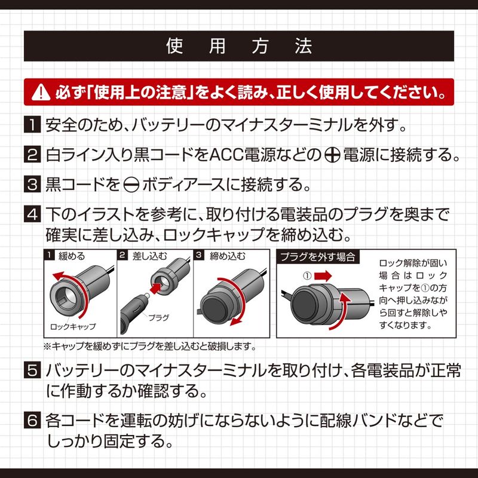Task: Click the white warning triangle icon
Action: (41, 92)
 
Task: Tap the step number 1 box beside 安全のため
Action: (32, 124)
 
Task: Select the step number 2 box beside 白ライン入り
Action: (32, 154)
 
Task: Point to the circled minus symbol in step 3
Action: (131, 185)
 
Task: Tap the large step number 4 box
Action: (32, 214)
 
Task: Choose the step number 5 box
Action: (32, 370)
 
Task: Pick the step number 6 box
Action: (32, 420)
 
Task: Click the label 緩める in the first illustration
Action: (72, 256)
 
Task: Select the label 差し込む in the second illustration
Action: (150, 256)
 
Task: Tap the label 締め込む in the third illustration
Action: (228, 256)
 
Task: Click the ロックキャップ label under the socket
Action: (73, 326)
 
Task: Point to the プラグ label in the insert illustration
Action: (158, 318)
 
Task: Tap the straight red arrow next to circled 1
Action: (323, 276)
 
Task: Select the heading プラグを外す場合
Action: (318, 257)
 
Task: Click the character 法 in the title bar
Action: (303, 47)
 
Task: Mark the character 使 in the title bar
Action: (174, 47)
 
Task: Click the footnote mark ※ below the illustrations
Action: (48, 347)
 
